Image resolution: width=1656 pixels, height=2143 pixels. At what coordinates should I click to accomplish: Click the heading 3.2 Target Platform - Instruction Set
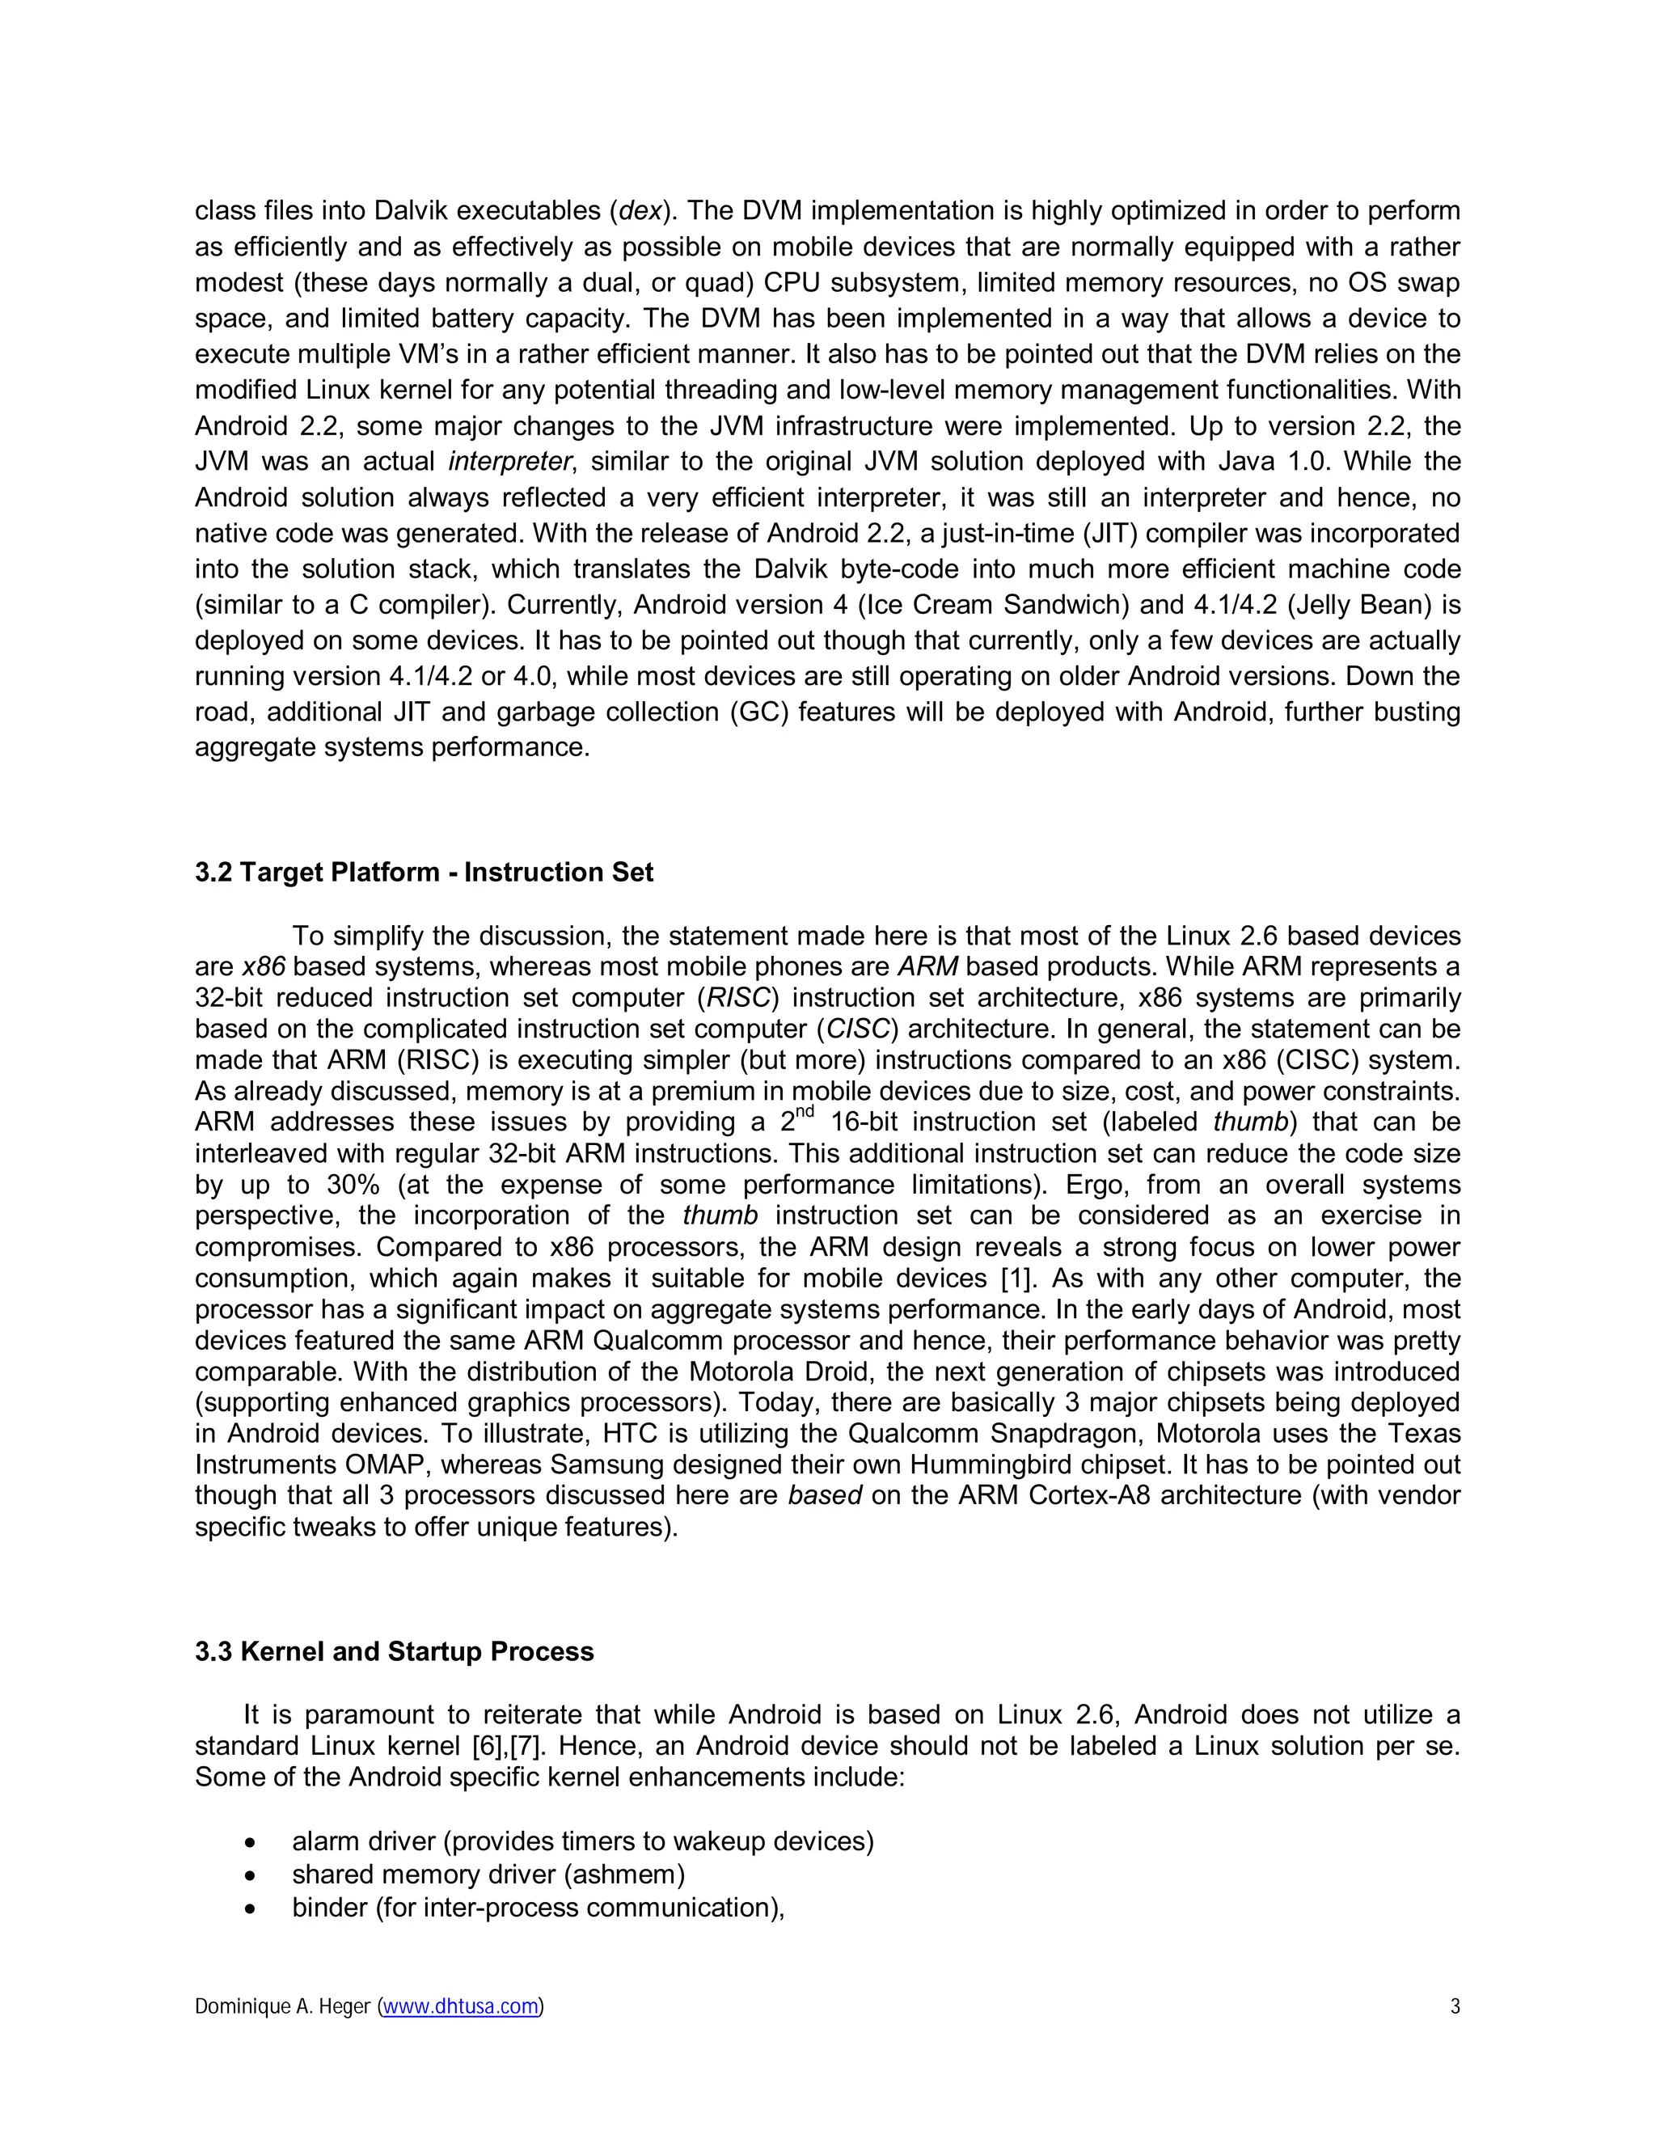click(x=424, y=873)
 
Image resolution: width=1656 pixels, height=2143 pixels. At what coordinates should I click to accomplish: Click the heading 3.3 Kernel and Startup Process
click(x=395, y=1651)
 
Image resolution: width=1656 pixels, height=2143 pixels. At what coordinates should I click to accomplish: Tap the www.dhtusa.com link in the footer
click(x=460, y=2006)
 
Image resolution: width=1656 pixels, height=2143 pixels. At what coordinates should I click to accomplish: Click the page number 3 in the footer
click(x=1455, y=2006)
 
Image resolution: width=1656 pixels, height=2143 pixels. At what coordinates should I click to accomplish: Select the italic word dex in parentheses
click(x=640, y=211)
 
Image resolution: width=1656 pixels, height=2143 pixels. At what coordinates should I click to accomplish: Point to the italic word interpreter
click(x=510, y=461)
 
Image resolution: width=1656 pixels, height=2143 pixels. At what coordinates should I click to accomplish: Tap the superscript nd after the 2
click(x=805, y=1114)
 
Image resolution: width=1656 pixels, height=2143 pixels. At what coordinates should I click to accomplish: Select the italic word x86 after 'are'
click(x=263, y=966)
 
